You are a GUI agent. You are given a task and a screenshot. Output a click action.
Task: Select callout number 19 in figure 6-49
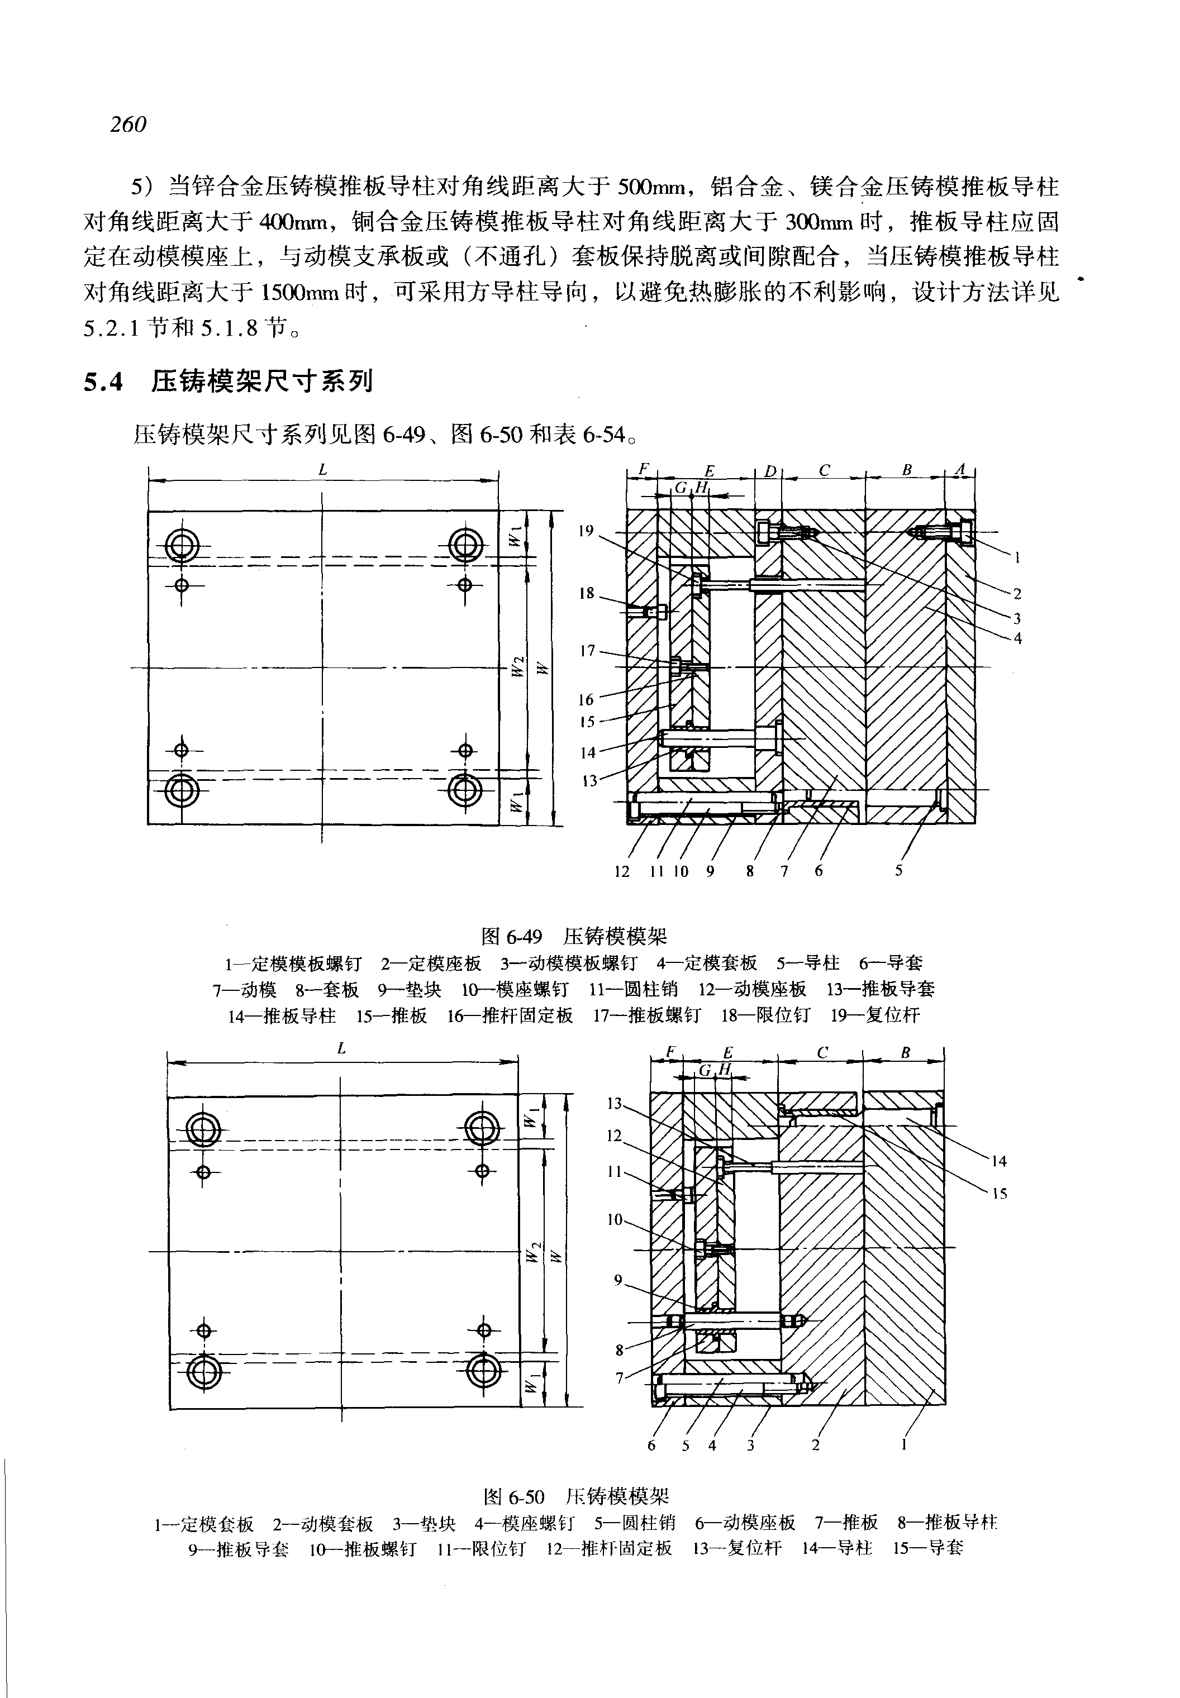[586, 530]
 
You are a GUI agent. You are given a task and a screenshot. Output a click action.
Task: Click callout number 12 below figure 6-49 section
[622, 871]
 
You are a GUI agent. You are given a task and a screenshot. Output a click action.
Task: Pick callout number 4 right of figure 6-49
[1018, 638]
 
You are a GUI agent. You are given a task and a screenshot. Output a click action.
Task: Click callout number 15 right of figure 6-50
[1000, 1194]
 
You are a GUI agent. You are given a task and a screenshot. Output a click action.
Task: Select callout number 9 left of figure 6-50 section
[618, 1280]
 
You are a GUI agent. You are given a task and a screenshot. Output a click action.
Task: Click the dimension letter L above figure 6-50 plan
[341, 1049]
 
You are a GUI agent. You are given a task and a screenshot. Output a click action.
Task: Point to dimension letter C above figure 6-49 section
[825, 470]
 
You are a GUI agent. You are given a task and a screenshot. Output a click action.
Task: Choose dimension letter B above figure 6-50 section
[905, 1053]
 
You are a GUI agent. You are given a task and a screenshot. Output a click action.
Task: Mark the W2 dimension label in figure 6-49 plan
[520, 667]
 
